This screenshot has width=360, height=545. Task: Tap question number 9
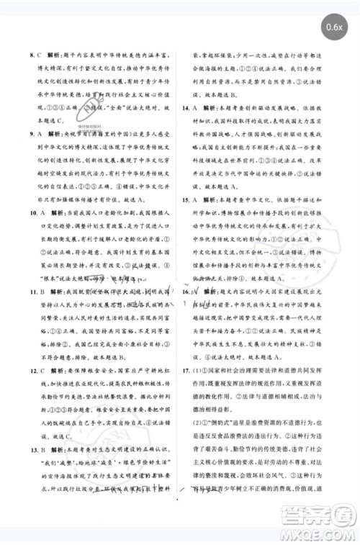click(x=31, y=134)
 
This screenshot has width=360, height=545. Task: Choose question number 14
click(x=186, y=106)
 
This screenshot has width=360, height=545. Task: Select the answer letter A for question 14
click(x=198, y=106)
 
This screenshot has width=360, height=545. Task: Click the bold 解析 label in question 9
click(x=56, y=134)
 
